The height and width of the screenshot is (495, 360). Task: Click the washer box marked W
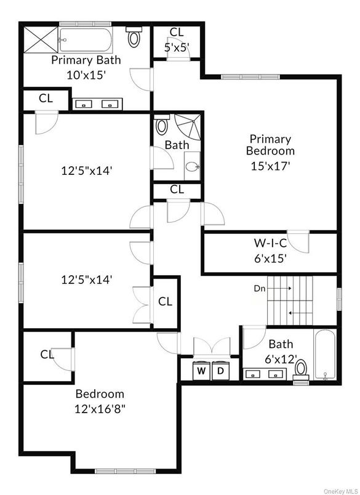pyautogui.click(x=201, y=371)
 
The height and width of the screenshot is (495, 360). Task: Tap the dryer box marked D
pyautogui.click(x=220, y=371)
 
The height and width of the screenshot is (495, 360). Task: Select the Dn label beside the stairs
pyautogui.click(x=260, y=288)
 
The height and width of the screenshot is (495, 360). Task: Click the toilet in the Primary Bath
pyautogui.click(x=134, y=37)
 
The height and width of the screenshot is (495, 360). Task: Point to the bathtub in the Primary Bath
pyautogui.click(x=86, y=40)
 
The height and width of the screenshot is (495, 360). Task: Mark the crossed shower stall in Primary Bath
pyautogui.click(x=41, y=40)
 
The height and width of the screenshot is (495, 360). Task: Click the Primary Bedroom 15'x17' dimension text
pyautogui.click(x=270, y=166)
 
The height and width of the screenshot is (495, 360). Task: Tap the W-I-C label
pyautogui.click(x=270, y=243)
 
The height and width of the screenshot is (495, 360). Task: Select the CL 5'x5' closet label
pyautogui.click(x=177, y=40)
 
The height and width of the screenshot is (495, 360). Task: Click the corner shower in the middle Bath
pyautogui.click(x=188, y=127)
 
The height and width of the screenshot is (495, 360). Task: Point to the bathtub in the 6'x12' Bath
pyautogui.click(x=325, y=355)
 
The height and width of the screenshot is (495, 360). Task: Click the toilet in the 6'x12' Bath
pyautogui.click(x=302, y=370)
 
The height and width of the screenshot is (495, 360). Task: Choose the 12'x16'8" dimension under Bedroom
pyautogui.click(x=100, y=409)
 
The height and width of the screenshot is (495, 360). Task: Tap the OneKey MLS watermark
pyautogui.click(x=341, y=491)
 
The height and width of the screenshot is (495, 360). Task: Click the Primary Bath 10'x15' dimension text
pyautogui.click(x=86, y=75)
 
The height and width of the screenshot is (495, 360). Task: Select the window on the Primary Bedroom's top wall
pyautogui.click(x=250, y=77)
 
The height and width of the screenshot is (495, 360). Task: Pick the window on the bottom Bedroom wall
pyautogui.click(x=126, y=471)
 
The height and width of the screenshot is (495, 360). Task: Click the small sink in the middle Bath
pyautogui.click(x=192, y=166)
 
